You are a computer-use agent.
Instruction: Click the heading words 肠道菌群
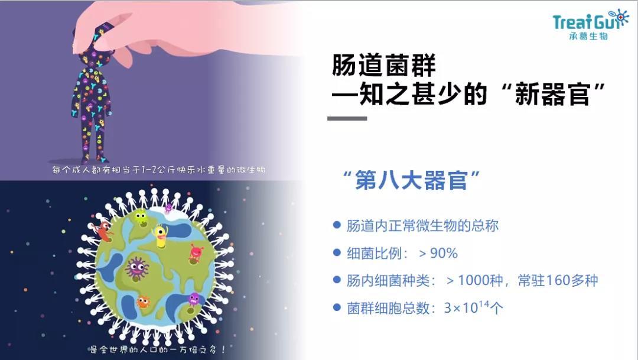click(x=383, y=66)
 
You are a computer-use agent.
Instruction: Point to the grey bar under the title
click(x=347, y=118)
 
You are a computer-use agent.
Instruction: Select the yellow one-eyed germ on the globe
click(x=159, y=233)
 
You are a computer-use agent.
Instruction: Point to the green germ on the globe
click(x=141, y=218)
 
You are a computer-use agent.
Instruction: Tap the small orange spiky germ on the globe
click(x=142, y=302)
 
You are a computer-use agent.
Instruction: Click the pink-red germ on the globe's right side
click(x=196, y=253)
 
